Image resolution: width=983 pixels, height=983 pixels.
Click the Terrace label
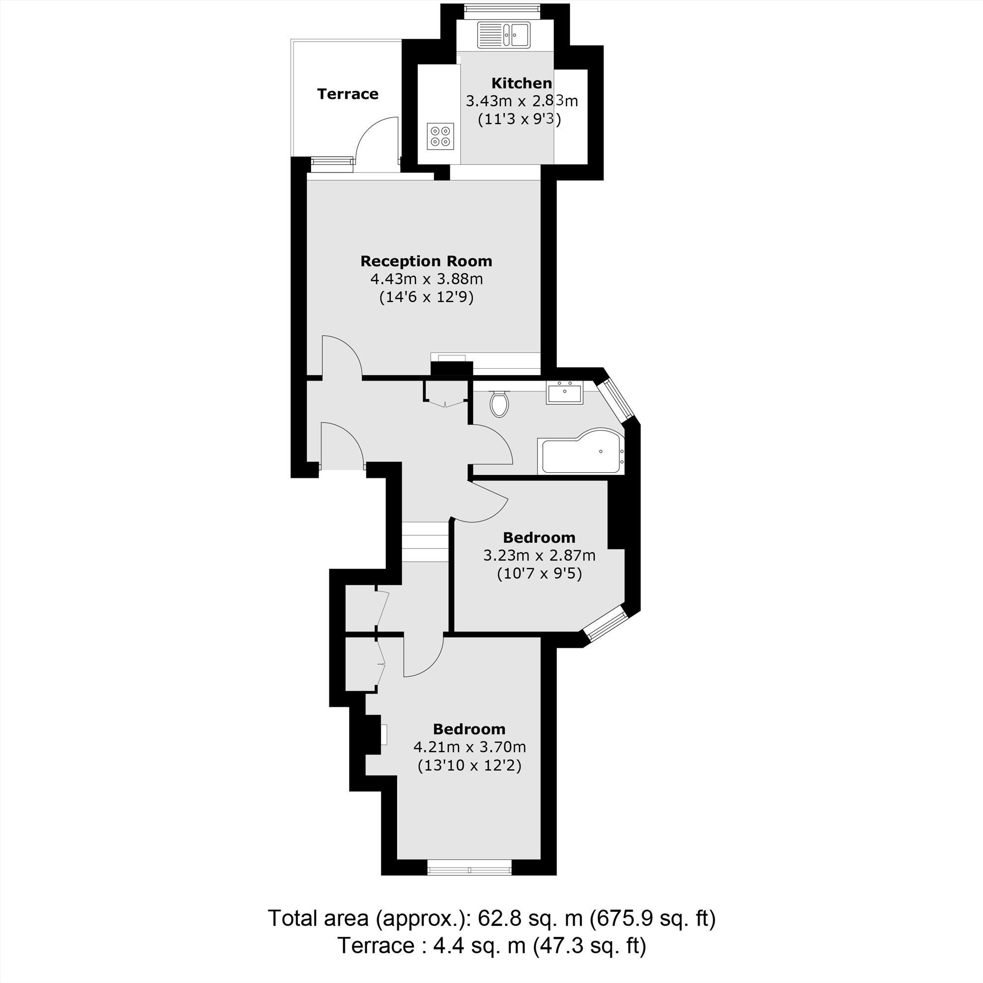(347, 94)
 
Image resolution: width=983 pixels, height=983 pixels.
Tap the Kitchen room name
(521, 83)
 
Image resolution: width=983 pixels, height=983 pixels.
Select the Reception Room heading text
(426, 261)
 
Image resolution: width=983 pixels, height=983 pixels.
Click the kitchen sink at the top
(504, 35)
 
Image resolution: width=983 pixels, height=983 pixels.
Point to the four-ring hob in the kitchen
(440, 136)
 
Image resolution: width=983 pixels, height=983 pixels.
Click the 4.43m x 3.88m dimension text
(426, 279)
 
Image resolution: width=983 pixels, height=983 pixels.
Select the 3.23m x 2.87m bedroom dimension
(539, 555)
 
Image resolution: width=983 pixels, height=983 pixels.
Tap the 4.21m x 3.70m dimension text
(469, 747)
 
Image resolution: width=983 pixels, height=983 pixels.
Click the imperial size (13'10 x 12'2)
(469, 765)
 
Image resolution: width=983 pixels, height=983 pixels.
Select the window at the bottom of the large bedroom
(469, 867)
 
